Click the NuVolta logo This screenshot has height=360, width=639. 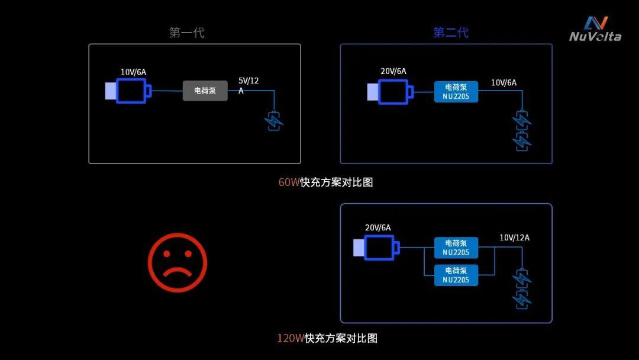[x=595, y=29]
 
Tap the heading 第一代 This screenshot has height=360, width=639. [x=186, y=33]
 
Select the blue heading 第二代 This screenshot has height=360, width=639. [x=451, y=33]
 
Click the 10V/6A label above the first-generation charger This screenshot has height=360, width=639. [x=133, y=72]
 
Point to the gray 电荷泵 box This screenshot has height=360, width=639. [x=205, y=91]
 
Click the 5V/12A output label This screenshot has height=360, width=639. [x=248, y=86]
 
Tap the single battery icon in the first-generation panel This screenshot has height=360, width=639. [x=274, y=120]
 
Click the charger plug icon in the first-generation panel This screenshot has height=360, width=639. [x=128, y=91]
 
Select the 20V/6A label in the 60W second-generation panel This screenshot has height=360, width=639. [x=393, y=71]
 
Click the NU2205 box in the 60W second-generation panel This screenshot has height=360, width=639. [x=456, y=92]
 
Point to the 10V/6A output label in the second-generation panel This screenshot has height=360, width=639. [x=504, y=83]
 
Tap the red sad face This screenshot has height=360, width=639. [x=177, y=262]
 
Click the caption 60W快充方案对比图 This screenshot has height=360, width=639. [x=325, y=182]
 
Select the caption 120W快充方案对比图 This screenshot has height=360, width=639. [x=327, y=338]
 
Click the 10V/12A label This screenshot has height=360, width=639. [x=515, y=237]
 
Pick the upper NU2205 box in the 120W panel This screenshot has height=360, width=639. [x=456, y=247]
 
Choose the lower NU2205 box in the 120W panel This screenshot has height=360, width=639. [x=456, y=275]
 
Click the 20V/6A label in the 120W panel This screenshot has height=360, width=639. [x=377, y=227]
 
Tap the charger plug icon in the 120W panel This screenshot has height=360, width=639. [x=376, y=247]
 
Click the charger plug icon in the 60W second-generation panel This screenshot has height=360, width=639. [x=390, y=92]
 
